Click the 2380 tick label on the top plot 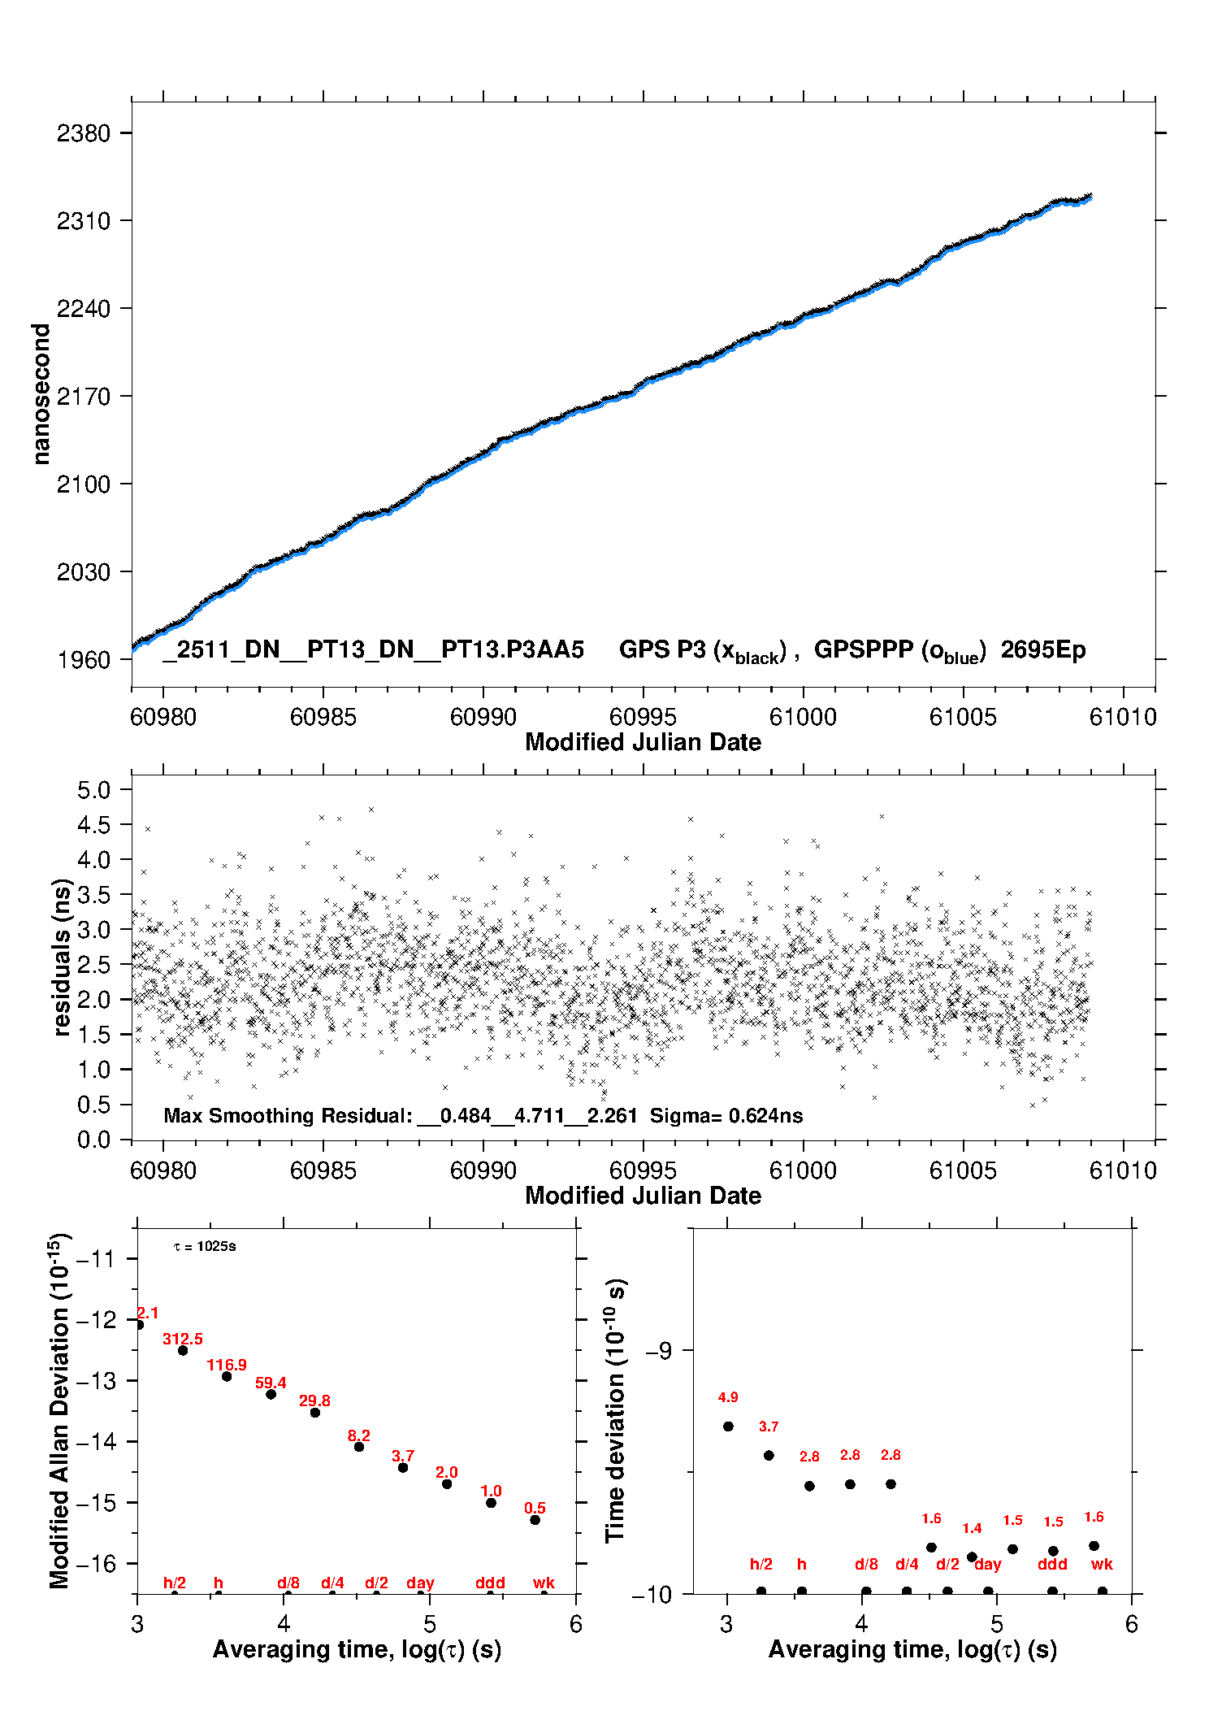coord(83,133)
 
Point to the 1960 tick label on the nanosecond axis coord(83,660)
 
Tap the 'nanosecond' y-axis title coord(41,394)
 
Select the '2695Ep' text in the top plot coord(1042,649)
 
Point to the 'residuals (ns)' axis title coord(62,958)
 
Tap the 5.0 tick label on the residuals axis coord(93,790)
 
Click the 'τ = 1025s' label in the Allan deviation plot coord(205,1247)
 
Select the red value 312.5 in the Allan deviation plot coord(183,1339)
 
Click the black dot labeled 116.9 coord(227,1376)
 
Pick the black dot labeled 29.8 coord(315,1413)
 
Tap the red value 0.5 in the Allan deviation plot coord(535,1509)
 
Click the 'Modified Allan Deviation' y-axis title coord(60,1411)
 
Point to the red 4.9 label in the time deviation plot coord(728,1397)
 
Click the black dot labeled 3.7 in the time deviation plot coord(769,1455)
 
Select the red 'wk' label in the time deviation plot coord(1102,1564)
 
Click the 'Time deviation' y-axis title coord(616,1411)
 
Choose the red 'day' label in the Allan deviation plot coord(420,1583)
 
